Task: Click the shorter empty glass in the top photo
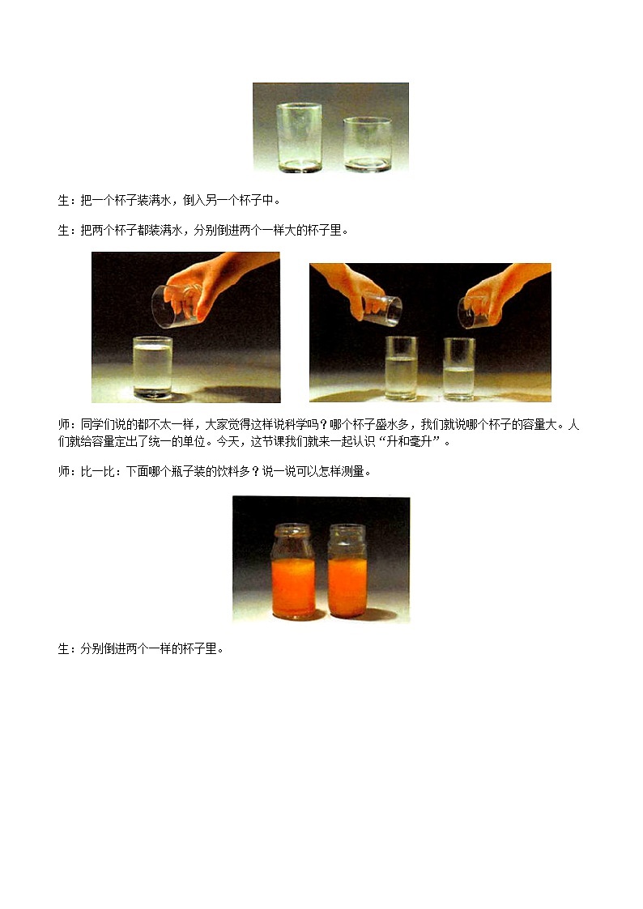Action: (367, 143)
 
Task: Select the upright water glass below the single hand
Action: (152, 367)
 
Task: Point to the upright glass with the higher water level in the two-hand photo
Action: (401, 367)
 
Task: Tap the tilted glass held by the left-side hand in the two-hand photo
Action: (382, 308)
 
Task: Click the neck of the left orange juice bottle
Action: (292, 539)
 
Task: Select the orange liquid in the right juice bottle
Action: (347, 586)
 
